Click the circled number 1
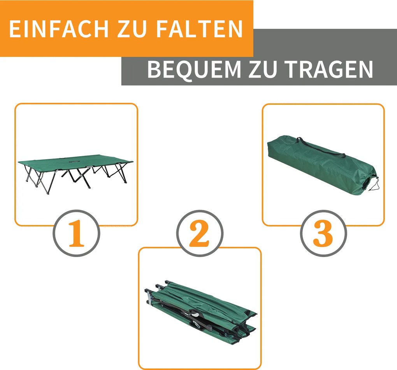pos(77,234)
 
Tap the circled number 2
pos(200,234)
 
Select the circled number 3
pos(323,234)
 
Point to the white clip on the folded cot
pos(195,313)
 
